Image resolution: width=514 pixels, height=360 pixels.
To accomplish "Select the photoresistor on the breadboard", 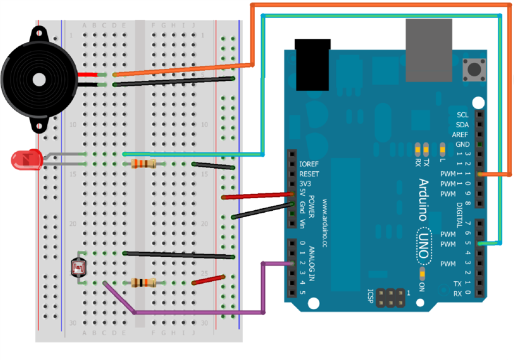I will click(78, 267).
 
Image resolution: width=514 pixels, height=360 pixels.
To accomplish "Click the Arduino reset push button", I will click(477, 68).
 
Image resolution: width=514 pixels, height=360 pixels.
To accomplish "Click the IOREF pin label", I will click(309, 163).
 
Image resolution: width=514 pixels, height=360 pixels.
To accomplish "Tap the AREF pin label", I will click(460, 134).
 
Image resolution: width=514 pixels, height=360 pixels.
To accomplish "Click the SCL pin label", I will click(462, 114).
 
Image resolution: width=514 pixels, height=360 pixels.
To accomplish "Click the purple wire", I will click(201, 312).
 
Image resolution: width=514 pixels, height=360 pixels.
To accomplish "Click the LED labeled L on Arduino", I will click(442, 148).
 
